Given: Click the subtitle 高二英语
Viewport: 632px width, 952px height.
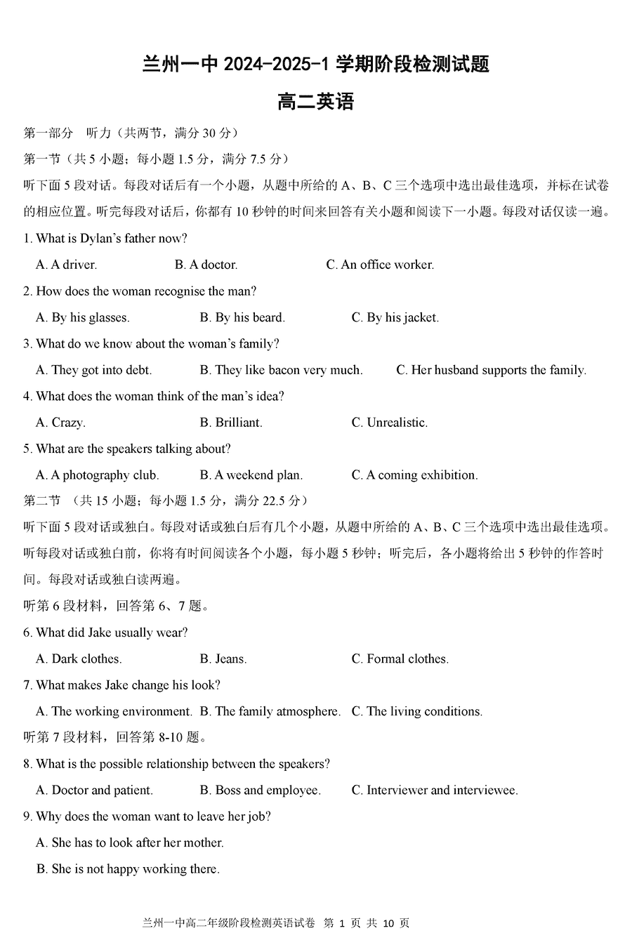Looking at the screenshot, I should [x=315, y=103].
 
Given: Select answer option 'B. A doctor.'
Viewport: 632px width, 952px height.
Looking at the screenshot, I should [x=206, y=265].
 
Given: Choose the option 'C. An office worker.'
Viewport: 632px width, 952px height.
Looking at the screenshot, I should [x=380, y=265].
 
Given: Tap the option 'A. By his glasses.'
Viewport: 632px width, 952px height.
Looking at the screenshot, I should [x=83, y=317].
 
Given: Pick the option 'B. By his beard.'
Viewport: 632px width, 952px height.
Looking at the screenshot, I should [x=242, y=317].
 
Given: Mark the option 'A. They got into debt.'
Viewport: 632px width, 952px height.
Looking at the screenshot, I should [x=93, y=370].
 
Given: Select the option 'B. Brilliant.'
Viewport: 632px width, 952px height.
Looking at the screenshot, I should [x=230, y=423].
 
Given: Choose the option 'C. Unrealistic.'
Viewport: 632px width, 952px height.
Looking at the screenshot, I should [x=389, y=423].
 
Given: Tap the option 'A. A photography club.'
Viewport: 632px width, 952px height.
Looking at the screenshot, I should [x=97, y=475].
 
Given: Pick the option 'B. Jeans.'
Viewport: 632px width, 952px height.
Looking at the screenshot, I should [x=223, y=659].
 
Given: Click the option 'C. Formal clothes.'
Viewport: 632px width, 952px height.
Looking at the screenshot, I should [x=400, y=659].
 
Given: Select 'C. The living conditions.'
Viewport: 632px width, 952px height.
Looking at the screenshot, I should [x=416, y=712].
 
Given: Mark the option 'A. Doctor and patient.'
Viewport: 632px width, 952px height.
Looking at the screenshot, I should [x=94, y=791].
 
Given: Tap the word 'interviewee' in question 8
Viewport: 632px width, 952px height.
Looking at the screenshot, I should [x=485, y=791].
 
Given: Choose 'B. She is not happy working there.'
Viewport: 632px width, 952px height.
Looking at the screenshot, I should [x=128, y=869].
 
